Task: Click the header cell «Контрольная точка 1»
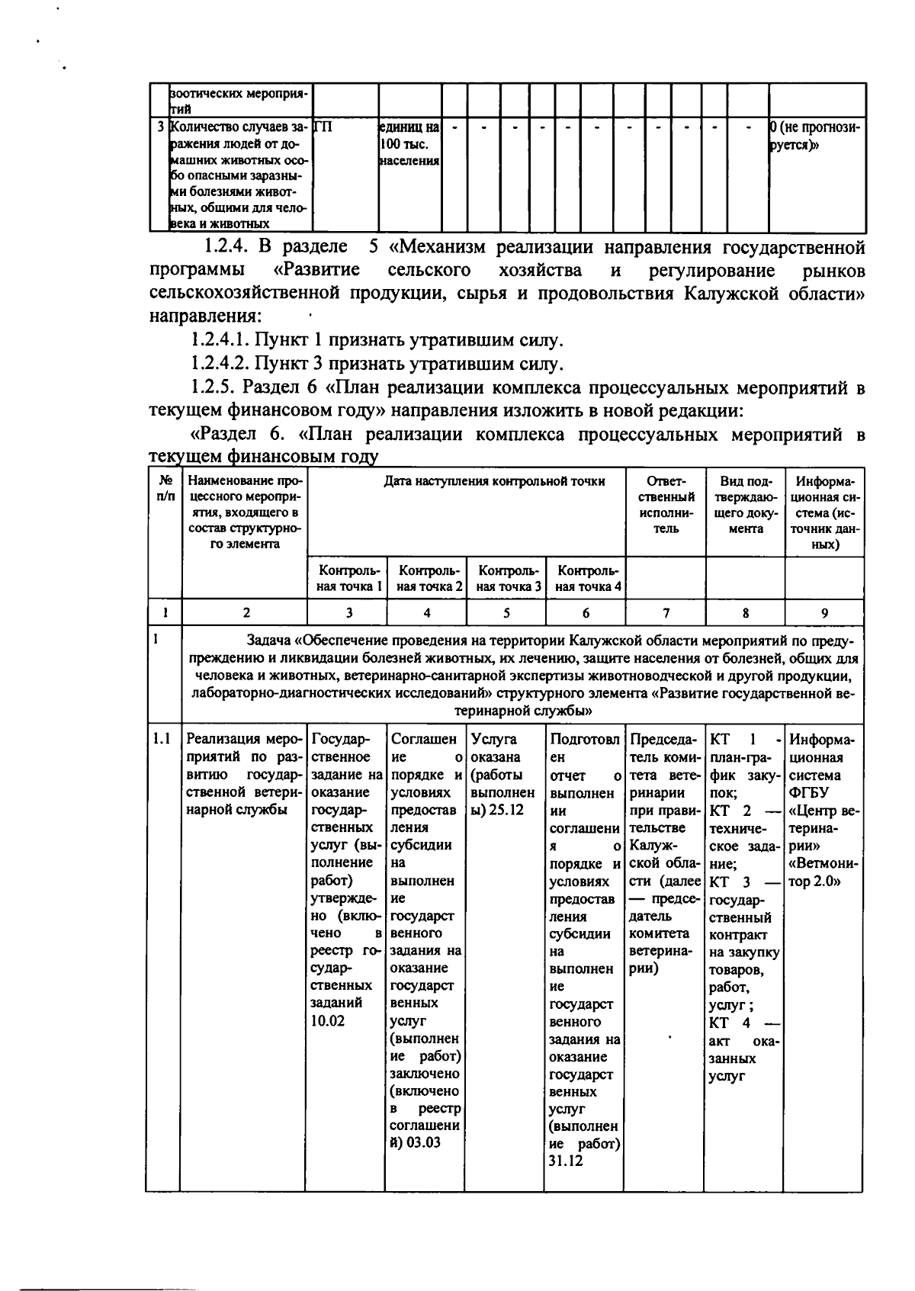pyautogui.click(x=348, y=579)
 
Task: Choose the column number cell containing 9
pyautogui.click(x=824, y=612)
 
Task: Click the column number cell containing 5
pyautogui.click(x=506, y=612)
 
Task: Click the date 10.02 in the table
pyautogui.click(x=327, y=1020)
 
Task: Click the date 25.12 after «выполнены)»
pyautogui.click(x=506, y=809)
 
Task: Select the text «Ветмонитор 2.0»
pyautogui.click(x=823, y=872)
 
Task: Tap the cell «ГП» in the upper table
pyautogui.click(x=323, y=127)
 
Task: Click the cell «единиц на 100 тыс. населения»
pyautogui.click(x=409, y=143)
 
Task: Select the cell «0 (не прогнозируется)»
pyautogui.click(x=816, y=136)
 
